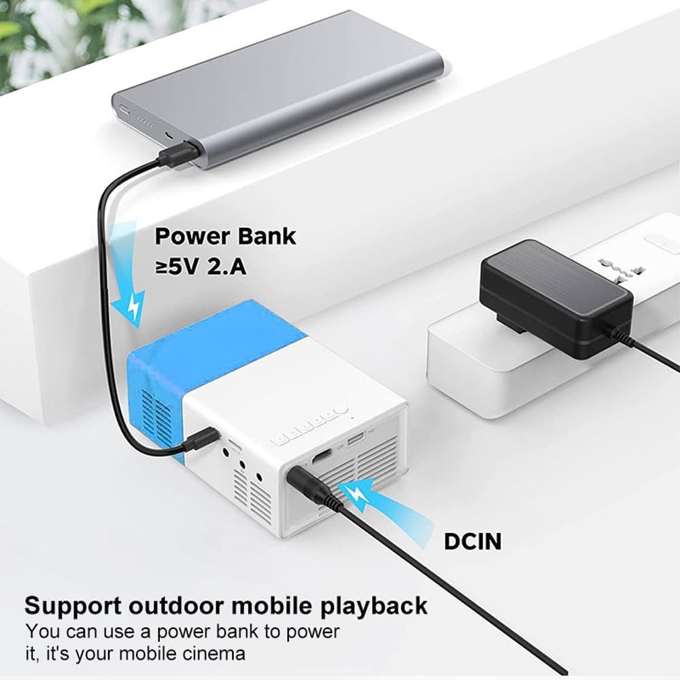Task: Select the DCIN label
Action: pyautogui.click(x=473, y=541)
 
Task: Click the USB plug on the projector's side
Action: pyautogui.click(x=202, y=440)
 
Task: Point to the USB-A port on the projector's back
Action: pyautogui.click(x=354, y=441)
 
